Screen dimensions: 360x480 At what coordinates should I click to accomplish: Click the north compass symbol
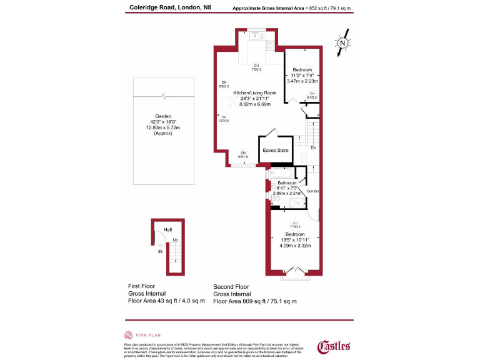[342, 44]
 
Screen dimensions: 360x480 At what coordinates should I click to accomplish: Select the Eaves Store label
[276, 150]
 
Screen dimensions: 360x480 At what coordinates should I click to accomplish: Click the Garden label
[163, 116]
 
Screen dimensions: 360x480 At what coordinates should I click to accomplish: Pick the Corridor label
[313, 191]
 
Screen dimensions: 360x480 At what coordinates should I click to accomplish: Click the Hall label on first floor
[167, 230]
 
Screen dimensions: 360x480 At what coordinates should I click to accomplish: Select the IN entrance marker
[161, 252]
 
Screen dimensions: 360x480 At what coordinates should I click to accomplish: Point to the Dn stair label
[312, 147]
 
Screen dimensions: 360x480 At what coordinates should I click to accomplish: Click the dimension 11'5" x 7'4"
[302, 75]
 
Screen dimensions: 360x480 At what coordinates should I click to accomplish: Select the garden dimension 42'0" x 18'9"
[163, 122]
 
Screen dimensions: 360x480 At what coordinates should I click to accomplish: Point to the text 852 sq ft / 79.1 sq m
[325, 8]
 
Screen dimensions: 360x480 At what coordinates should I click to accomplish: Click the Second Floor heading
[231, 287]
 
